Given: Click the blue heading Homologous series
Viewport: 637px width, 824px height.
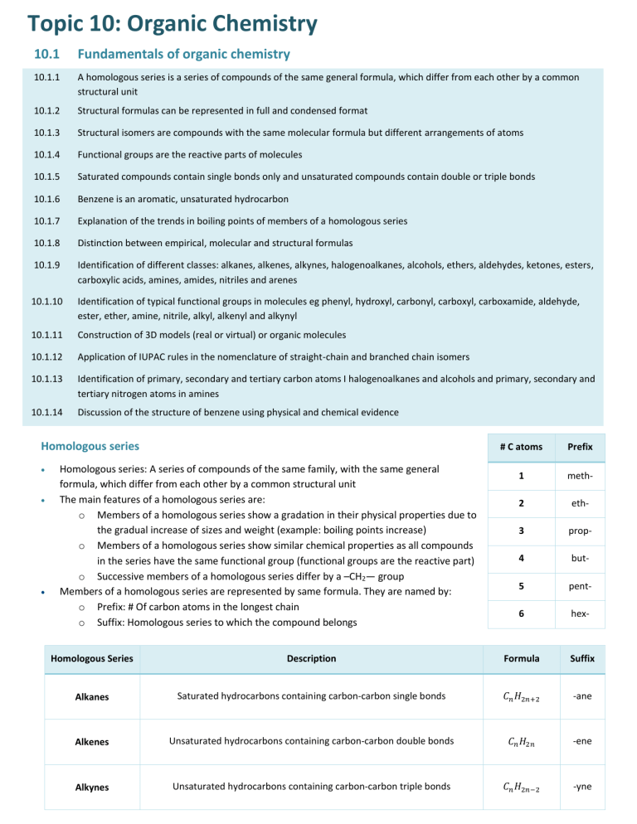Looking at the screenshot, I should point(91,445).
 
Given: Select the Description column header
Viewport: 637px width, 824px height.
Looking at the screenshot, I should point(312,658).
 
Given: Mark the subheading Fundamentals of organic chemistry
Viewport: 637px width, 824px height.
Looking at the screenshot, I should point(183,54).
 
